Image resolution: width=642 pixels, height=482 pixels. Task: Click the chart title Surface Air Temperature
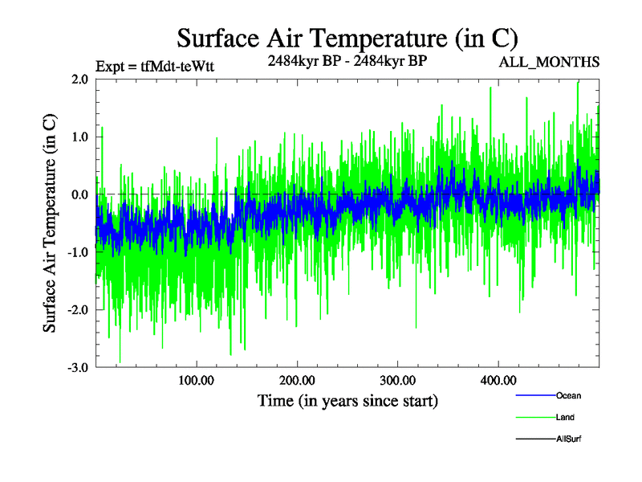click(347, 38)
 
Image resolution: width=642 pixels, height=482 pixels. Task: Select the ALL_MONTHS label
click(550, 63)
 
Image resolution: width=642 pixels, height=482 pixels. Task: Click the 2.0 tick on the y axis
click(79, 79)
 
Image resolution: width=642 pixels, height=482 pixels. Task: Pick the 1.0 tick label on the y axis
click(79, 137)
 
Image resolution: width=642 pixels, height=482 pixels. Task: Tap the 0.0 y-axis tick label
click(79, 194)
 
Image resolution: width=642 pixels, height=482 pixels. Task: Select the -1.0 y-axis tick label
click(77, 252)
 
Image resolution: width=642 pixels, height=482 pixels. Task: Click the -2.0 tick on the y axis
click(77, 310)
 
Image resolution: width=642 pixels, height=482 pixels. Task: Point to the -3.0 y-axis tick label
click(77, 368)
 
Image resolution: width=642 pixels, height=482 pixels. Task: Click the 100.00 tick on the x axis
click(196, 380)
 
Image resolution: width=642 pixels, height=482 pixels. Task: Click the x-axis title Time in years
click(347, 400)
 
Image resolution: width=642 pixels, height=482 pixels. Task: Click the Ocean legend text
click(568, 396)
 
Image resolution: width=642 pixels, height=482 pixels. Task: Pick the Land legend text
click(565, 418)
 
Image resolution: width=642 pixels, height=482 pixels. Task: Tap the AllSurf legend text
click(568, 439)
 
